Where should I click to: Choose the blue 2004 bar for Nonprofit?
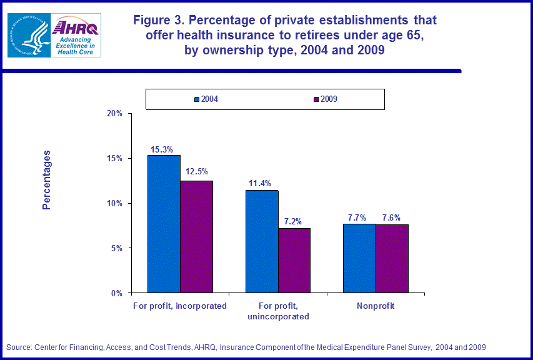[359, 258]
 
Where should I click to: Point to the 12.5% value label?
[196, 172]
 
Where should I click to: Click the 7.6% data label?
[391, 217]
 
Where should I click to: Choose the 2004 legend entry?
[206, 99]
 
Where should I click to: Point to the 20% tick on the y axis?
[115, 114]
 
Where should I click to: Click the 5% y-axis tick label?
[117, 248]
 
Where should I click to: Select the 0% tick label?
[117, 293]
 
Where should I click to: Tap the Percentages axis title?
[47, 180]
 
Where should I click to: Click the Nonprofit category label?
[376, 306]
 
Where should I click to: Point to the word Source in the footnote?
[19, 347]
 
